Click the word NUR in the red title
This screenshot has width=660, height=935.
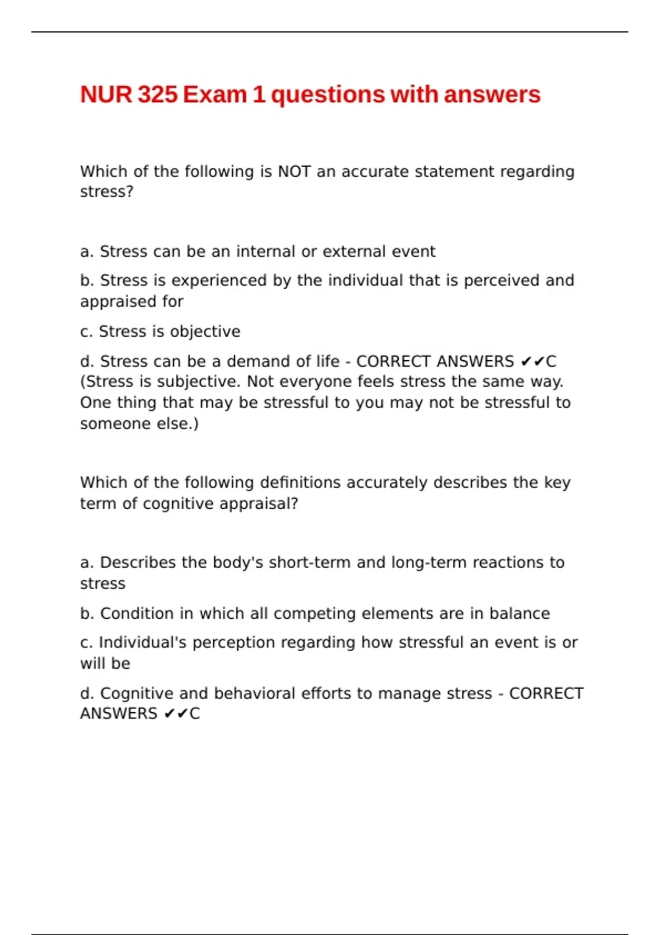(106, 95)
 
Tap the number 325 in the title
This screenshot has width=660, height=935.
(158, 95)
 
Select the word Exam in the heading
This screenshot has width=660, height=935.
(215, 95)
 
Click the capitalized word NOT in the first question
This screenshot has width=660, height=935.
(294, 172)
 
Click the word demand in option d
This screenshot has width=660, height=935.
(253, 361)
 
